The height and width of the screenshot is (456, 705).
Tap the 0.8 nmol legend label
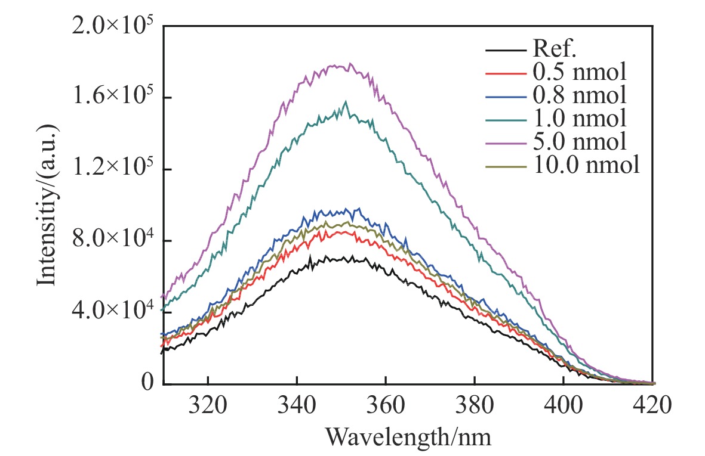(578, 95)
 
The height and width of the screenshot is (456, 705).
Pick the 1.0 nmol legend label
(578, 118)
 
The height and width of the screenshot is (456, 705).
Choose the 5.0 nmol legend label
(578, 142)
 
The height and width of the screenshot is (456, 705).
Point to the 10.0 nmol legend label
(584, 165)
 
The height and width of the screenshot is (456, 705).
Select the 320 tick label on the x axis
(207, 409)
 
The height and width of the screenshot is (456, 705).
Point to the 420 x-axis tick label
(652, 409)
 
